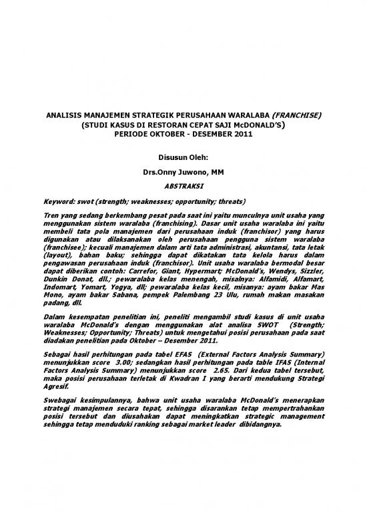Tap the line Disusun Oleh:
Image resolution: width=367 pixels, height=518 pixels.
point(183,158)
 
